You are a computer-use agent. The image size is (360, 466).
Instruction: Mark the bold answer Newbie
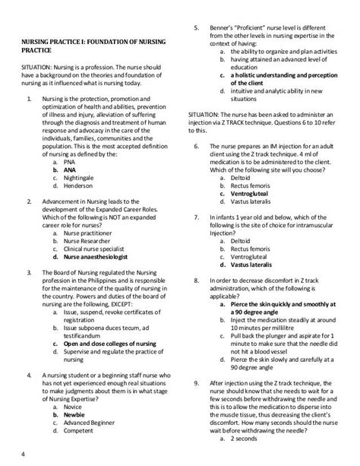click(76, 416)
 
